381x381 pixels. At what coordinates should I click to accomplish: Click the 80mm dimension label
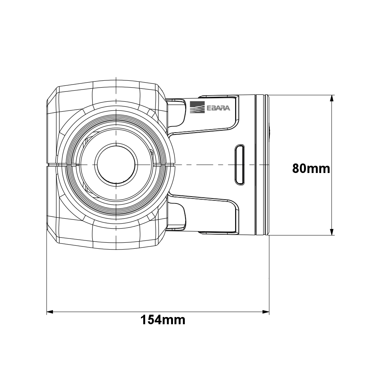tap(311, 168)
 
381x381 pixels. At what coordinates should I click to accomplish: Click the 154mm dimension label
tap(163, 320)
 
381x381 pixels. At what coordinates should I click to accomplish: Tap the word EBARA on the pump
tap(218, 108)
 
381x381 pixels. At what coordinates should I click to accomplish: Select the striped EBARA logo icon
tap(197, 107)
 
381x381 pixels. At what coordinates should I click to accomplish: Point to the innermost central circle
tap(116, 165)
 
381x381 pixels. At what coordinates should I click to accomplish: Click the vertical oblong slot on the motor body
tap(240, 165)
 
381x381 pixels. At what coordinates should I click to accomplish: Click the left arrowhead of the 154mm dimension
tap(50, 312)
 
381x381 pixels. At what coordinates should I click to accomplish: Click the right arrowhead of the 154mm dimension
tap(266, 312)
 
